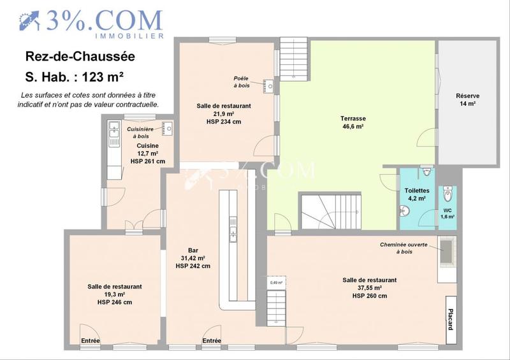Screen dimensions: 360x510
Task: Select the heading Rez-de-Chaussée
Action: (x=80, y=57)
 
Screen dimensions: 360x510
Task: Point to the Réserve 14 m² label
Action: (x=467, y=99)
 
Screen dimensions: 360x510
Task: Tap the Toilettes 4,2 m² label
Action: (x=417, y=194)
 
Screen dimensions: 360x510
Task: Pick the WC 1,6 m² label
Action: (x=448, y=213)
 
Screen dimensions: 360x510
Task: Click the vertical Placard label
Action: (x=449, y=316)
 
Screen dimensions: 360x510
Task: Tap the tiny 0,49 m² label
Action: (x=276, y=282)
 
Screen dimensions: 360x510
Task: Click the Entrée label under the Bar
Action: (x=212, y=341)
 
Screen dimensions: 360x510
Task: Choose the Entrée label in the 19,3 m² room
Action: (x=90, y=341)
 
